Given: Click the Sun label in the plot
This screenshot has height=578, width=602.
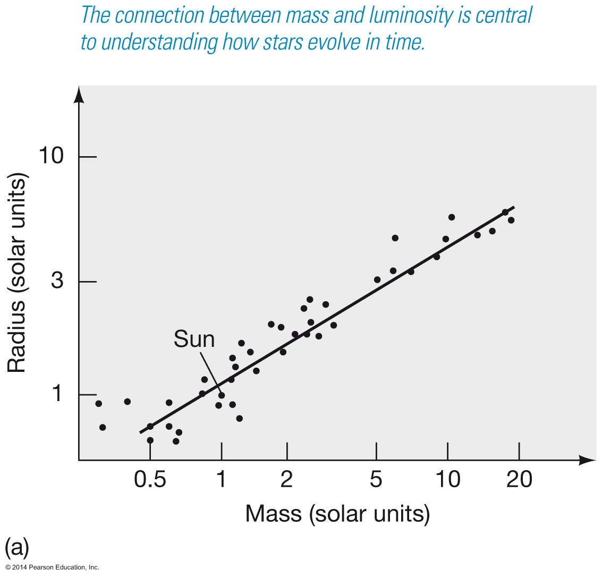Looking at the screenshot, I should [194, 339].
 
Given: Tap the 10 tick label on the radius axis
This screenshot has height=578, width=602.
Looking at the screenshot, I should [52, 157].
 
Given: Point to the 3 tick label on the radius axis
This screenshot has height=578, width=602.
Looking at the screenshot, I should [57, 281].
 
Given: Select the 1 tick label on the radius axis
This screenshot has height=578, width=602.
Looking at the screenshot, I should [57, 395].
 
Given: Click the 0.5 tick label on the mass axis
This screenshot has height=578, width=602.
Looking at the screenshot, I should [150, 480].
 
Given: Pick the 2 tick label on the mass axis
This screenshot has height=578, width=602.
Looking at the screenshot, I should [287, 480].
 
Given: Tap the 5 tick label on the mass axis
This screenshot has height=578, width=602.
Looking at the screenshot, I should [376, 480].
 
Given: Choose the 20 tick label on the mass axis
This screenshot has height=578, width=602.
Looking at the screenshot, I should [519, 480].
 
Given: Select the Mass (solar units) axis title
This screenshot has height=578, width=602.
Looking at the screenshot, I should [337, 514].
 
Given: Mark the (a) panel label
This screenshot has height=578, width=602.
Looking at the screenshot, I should [16, 547].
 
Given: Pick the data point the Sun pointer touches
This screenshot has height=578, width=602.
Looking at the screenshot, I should [222, 395].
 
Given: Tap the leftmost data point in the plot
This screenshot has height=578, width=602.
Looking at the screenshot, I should [98, 404].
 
